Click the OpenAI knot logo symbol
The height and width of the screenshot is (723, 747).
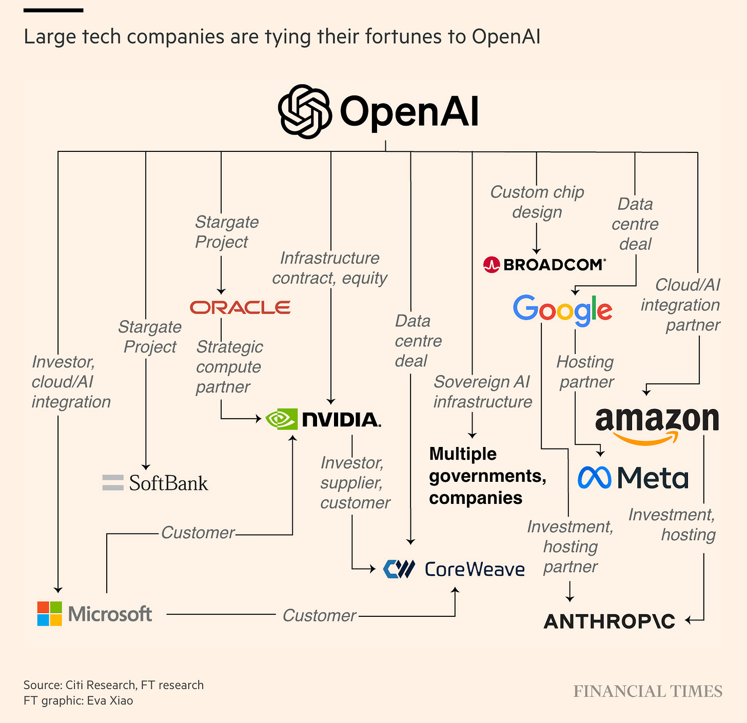[x=305, y=111]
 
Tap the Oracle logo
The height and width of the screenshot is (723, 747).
[x=240, y=307]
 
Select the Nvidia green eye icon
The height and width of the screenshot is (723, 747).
[x=282, y=419]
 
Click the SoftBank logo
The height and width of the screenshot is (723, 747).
[x=155, y=483]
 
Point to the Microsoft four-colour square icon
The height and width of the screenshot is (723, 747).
[x=50, y=614]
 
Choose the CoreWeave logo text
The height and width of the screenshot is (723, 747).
[x=475, y=569]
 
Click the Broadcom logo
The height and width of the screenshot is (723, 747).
[x=544, y=265]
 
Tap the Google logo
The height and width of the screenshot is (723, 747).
[x=562, y=309]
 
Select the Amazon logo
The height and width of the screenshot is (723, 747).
[x=657, y=423]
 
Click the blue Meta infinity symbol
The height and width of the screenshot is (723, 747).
[x=594, y=478]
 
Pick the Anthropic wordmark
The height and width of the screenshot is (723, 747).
[x=609, y=621]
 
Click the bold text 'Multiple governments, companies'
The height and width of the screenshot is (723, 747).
[x=487, y=476]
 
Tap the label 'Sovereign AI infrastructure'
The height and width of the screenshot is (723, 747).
[x=482, y=392]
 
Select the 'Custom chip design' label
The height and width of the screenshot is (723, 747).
[x=537, y=202]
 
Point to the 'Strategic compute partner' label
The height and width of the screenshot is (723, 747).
[x=229, y=367]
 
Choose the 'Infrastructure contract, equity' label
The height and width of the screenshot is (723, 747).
[x=330, y=268]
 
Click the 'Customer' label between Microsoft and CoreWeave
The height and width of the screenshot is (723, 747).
[x=319, y=615]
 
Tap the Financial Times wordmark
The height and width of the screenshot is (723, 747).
[x=647, y=691]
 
